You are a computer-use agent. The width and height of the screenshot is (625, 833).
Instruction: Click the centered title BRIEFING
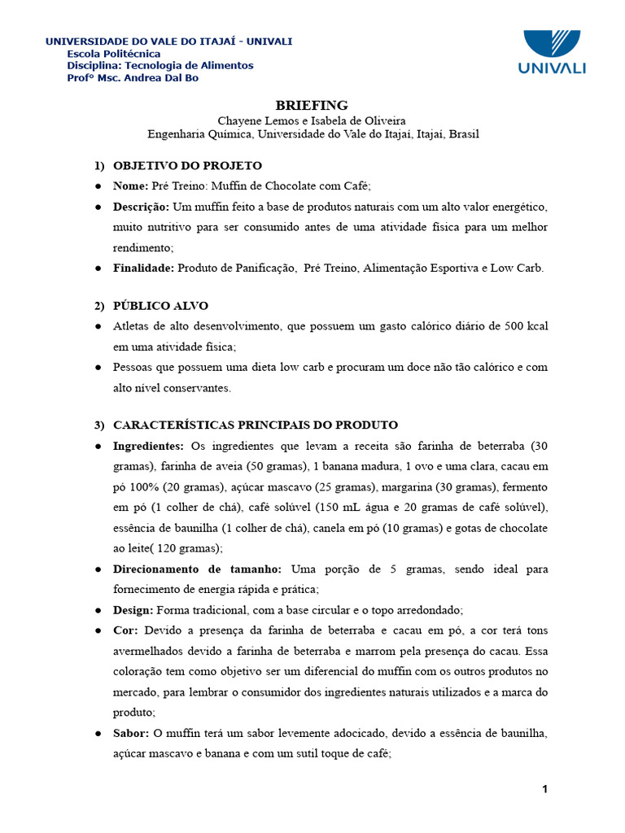click(x=312, y=105)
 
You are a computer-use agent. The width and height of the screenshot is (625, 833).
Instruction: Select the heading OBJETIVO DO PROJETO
click(x=187, y=166)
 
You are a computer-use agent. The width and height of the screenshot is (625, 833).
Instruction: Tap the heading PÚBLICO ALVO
click(x=160, y=306)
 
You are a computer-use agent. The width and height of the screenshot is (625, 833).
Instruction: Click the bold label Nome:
click(x=131, y=185)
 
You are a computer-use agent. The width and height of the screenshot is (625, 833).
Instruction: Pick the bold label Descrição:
click(x=142, y=207)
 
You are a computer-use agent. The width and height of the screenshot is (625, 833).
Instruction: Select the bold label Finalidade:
click(x=144, y=268)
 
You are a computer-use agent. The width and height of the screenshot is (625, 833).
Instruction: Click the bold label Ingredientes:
click(x=149, y=446)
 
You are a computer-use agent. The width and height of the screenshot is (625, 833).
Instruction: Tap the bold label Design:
click(x=133, y=609)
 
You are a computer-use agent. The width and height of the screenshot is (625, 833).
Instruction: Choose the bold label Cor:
click(x=126, y=630)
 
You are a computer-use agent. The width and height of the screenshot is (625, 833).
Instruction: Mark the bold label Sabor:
click(x=131, y=733)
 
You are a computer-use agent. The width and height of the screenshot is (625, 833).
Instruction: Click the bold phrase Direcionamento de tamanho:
click(x=197, y=569)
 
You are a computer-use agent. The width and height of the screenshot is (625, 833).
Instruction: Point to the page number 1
click(x=545, y=789)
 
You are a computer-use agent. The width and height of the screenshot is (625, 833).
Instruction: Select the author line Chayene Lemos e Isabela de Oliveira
click(x=312, y=120)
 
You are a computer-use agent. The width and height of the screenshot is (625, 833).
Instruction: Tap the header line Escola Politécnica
click(x=114, y=54)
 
